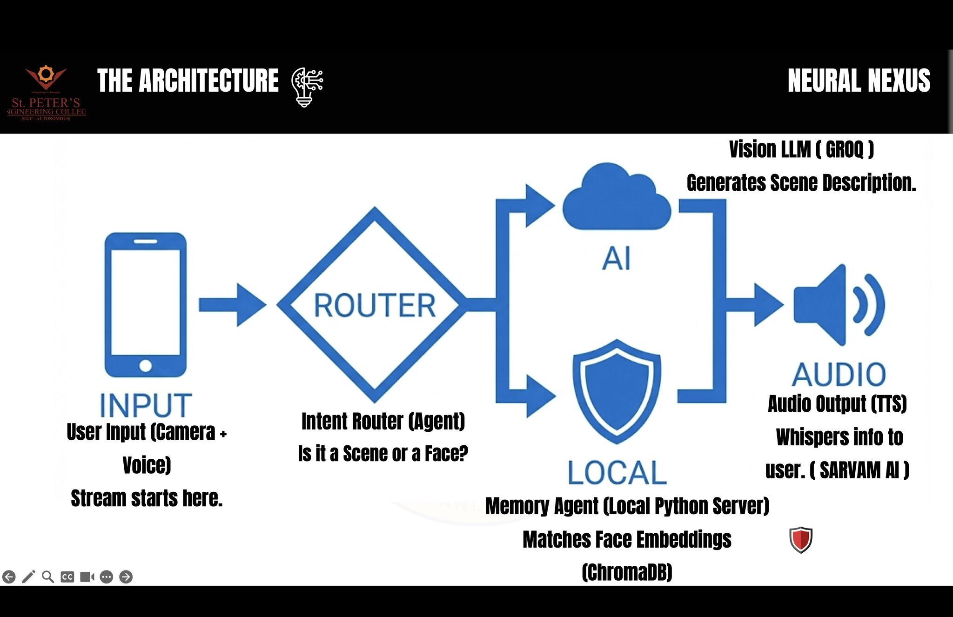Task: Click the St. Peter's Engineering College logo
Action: [46, 93]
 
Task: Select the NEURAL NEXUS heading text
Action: [859, 80]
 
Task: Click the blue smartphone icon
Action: [145, 305]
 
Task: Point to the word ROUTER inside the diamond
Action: [375, 306]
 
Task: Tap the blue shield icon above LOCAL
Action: [617, 392]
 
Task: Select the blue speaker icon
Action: [839, 305]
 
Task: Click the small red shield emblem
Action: [801, 540]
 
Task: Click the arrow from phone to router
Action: [232, 305]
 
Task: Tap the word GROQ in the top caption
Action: [845, 150]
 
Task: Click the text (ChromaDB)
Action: [627, 572]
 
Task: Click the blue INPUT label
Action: [146, 405]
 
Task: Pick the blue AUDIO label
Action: [839, 374]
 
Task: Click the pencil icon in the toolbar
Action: [28, 577]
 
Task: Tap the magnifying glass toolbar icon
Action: [48, 577]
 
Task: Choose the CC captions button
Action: [67, 577]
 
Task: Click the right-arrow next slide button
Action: [126, 577]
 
